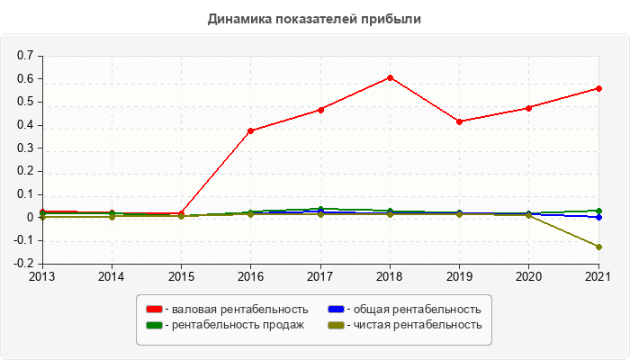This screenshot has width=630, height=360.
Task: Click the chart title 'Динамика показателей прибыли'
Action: [314, 18]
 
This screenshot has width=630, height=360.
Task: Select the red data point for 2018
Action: [390, 77]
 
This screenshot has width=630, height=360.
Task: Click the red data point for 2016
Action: [251, 130]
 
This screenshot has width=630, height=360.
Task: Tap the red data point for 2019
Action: [460, 121]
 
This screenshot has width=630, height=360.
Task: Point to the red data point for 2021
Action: [598, 88]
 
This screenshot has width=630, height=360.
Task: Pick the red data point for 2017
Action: [320, 110]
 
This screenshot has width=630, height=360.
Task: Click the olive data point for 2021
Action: [598, 247]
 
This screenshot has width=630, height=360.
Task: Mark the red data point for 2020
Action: [529, 108]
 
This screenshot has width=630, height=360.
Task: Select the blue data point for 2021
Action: [598, 217]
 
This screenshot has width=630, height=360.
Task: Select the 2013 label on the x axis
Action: [41, 276]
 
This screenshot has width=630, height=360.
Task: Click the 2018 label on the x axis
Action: [390, 276]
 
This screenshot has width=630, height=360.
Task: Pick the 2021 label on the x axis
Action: [598, 276]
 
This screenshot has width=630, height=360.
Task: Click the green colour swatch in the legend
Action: [154, 325]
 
